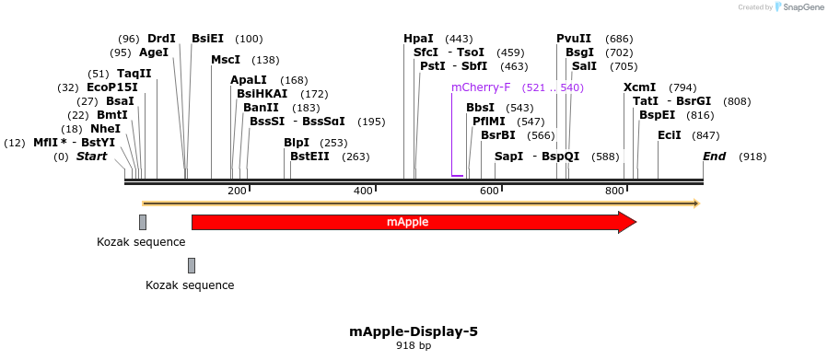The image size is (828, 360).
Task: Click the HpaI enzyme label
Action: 418,39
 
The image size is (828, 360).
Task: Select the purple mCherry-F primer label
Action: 480,87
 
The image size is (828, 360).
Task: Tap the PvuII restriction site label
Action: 574,39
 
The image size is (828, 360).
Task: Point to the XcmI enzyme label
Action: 639,87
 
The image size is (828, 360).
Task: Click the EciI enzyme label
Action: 670,134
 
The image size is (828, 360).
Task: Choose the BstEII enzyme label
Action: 309,157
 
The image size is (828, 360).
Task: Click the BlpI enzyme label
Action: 297,143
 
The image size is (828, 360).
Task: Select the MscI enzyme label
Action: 226,60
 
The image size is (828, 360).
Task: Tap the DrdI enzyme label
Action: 161,39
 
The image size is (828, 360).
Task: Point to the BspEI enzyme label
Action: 657,115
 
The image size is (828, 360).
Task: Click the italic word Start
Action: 91,157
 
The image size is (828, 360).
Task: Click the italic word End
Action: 714,157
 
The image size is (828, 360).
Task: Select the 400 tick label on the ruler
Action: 362,191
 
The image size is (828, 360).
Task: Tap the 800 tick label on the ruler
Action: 614,191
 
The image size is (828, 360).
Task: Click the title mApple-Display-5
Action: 414,331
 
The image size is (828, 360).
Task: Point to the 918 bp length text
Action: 414,346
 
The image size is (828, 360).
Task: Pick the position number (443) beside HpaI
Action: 459,39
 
